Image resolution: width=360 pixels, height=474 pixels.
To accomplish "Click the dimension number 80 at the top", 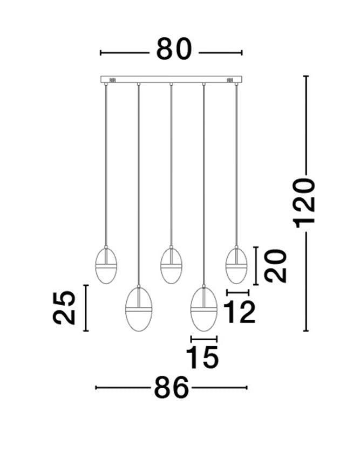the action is coord(174,49).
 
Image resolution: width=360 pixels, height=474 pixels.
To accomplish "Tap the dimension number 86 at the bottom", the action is coord(171,387).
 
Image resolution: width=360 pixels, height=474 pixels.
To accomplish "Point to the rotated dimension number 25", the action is coord(64,308).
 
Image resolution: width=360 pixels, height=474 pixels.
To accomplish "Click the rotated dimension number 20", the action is coord(275,266).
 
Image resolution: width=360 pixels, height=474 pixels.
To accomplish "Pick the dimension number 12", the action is coord(239,312).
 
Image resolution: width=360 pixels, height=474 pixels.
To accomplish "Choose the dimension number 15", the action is coord(202,358).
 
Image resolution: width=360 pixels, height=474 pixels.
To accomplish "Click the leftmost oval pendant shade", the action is coord(106,265).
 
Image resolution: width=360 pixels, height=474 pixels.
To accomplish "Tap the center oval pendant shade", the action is coord(171,265).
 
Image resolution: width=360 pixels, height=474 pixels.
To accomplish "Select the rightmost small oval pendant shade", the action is coord(236,265).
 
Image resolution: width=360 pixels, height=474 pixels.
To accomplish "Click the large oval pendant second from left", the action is coord(139,308).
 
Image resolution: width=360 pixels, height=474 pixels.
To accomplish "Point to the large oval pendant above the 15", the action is coord(203,308).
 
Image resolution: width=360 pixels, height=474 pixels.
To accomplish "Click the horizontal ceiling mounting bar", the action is coord(171,79).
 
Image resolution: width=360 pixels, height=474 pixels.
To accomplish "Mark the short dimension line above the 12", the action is coord(238,292).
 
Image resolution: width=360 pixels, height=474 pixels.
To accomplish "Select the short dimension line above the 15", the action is coord(204,339).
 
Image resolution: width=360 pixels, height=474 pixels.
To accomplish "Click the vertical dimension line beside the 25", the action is coord(86,308).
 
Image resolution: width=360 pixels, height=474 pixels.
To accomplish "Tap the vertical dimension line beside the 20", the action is coord(256,266).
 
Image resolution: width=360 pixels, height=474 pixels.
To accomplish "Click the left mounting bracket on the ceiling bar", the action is coord(113,80).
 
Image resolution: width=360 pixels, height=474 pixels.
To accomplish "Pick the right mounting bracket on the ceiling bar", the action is coord(229,80).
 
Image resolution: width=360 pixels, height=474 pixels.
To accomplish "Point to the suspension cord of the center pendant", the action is coord(171,166).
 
